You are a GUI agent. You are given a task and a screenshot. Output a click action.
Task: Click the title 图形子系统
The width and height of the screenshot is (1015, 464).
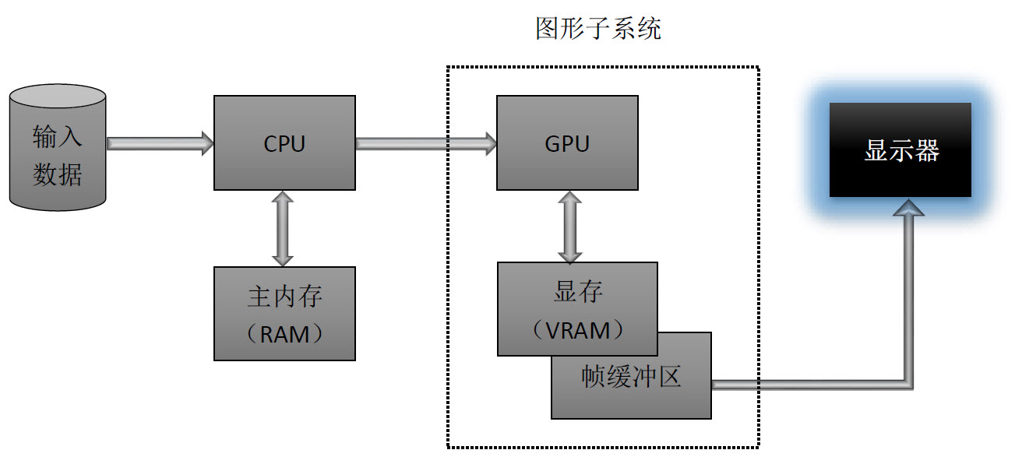click(598, 29)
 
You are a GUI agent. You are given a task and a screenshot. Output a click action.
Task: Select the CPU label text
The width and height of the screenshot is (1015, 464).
click(284, 144)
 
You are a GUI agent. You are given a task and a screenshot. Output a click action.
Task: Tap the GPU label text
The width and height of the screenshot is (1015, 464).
click(567, 144)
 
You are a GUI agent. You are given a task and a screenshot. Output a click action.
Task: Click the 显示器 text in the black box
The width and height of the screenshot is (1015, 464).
click(901, 150)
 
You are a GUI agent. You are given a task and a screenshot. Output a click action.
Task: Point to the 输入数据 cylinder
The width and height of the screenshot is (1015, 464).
click(58, 147)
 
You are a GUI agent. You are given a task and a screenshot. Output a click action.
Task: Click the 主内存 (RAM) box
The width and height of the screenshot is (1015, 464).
click(284, 313)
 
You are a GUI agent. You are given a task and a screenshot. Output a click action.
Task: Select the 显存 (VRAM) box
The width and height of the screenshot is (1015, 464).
click(577, 309)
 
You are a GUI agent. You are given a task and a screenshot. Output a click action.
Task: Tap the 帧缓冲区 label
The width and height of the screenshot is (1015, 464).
click(631, 377)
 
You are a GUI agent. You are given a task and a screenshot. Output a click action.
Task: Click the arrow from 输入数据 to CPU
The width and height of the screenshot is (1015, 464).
click(160, 143)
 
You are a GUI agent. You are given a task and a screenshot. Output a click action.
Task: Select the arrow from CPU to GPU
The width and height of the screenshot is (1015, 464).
click(426, 143)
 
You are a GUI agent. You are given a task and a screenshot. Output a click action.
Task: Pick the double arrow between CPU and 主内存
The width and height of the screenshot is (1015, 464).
click(283, 228)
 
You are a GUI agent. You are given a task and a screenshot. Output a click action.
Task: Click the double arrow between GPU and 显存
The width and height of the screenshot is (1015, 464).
click(569, 227)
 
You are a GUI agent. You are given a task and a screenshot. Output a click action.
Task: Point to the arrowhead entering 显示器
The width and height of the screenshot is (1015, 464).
click(908, 208)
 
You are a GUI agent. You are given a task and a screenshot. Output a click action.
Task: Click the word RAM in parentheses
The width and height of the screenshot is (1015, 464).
click(284, 335)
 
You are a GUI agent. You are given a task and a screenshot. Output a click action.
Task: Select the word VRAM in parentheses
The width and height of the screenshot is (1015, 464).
click(578, 330)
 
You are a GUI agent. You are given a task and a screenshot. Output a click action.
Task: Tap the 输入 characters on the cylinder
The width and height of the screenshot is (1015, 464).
click(57, 137)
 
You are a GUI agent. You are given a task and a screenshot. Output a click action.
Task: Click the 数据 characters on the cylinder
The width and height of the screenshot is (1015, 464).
click(57, 174)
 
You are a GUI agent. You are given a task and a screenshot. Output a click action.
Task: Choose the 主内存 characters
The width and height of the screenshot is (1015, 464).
click(284, 297)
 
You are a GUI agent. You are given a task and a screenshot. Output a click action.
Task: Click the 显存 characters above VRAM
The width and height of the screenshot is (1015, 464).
click(578, 291)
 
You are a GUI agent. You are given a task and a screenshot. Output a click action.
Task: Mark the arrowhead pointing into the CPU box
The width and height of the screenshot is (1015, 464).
click(207, 143)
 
